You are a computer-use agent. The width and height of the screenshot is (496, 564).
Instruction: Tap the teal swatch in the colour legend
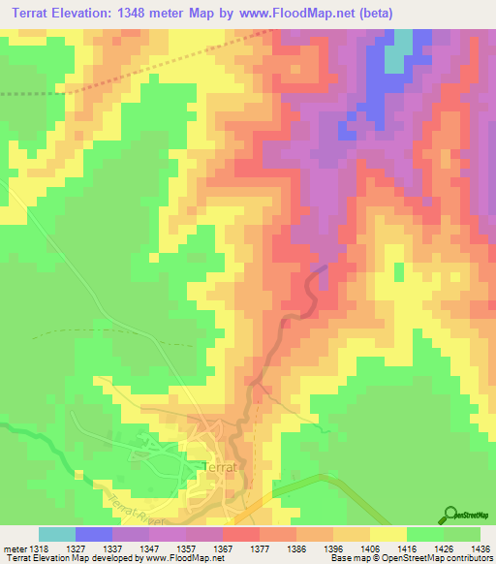pyautogui.click(x=57, y=535)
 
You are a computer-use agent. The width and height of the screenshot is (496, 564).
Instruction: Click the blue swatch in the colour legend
pyautogui.click(x=94, y=535)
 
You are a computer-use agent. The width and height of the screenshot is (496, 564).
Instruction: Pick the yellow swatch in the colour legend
pyautogui.click(x=387, y=535)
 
